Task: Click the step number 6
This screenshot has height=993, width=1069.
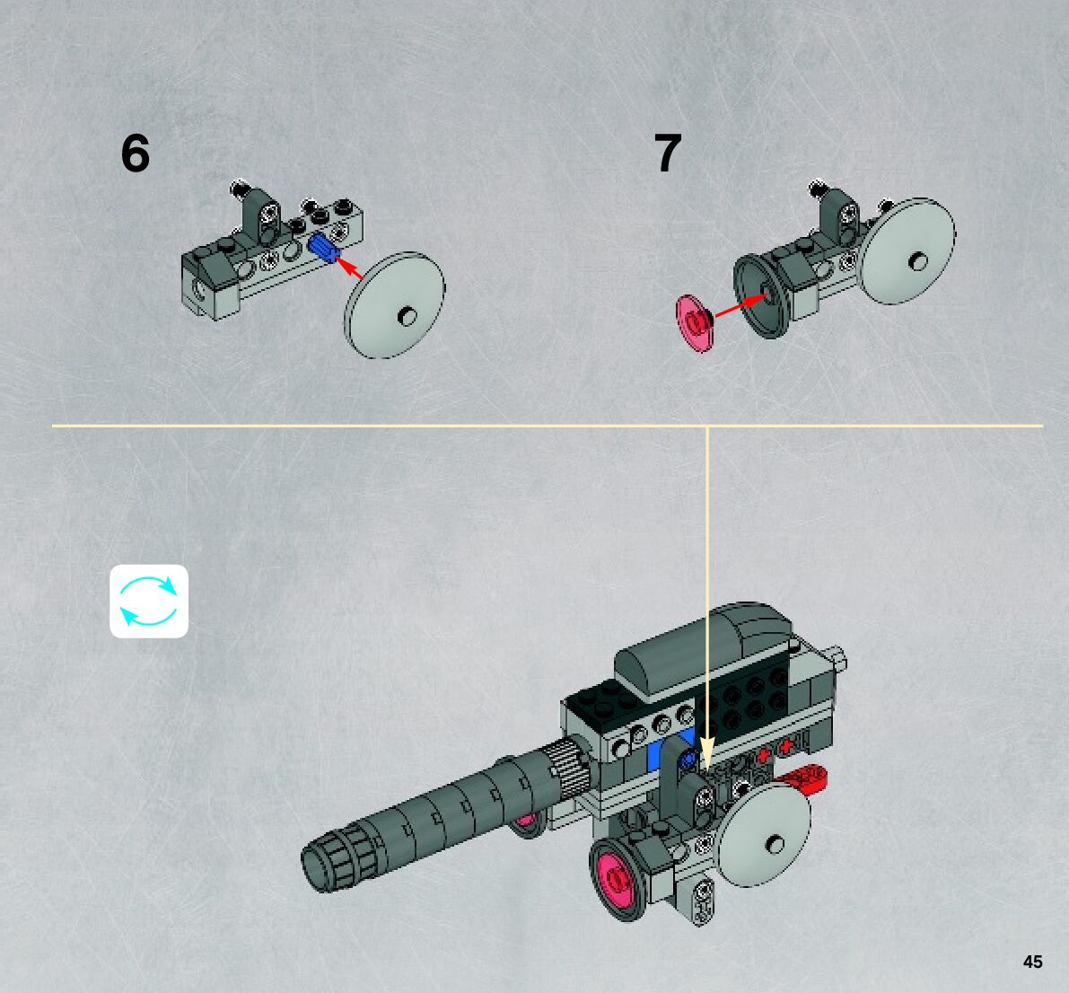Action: click(x=136, y=154)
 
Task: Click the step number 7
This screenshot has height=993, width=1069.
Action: click(x=668, y=154)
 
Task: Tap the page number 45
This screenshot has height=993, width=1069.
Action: click(x=1032, y=962)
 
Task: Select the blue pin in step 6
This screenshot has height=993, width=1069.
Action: click(x=321, y=248)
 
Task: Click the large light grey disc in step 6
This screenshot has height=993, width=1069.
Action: click(x=395, y=304)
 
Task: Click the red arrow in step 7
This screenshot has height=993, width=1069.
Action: click(x=737, y=305)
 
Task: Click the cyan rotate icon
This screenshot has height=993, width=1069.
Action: click(x=149, y=601)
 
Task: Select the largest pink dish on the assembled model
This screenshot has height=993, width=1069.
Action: click(x=620, y=877)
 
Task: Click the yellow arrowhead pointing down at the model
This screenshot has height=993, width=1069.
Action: click(x=706, y=752)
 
